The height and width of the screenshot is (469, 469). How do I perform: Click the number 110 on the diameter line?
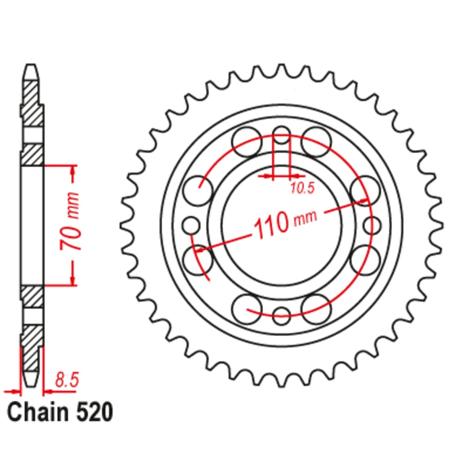[271, 225]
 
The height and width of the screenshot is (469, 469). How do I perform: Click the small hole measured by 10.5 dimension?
[282, 134]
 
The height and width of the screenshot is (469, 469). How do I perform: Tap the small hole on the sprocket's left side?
[191, 225]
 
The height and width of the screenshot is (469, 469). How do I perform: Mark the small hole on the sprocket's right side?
[372, 225]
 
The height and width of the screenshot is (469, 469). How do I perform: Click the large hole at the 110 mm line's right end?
[365, 191]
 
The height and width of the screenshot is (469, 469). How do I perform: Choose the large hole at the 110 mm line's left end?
[197, 258]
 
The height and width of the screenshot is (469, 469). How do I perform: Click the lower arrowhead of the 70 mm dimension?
[73, 280]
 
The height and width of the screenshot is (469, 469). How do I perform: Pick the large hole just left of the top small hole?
[247, 141]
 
